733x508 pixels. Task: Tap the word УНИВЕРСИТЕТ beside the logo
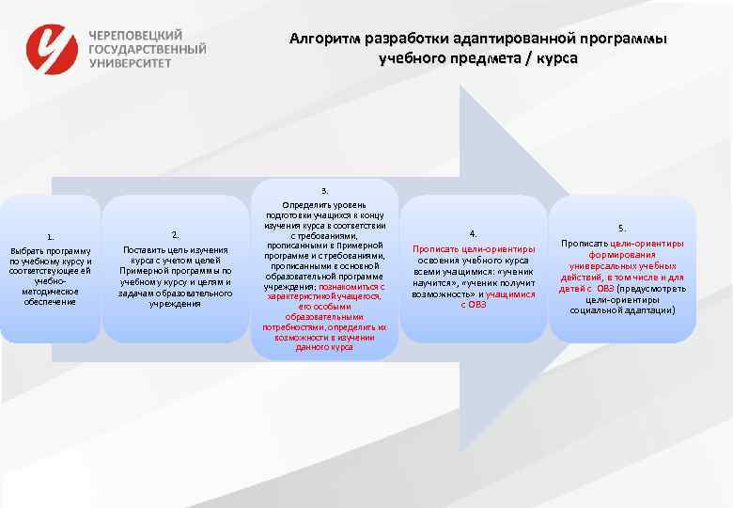131,63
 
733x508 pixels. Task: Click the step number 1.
51,236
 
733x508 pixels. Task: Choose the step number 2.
175,234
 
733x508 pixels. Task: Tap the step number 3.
324,191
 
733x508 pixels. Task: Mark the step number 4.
474,233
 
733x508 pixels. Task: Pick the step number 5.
621,229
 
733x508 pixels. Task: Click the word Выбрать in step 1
25,250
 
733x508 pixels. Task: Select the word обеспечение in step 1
51,301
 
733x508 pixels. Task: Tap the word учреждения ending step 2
175,304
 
